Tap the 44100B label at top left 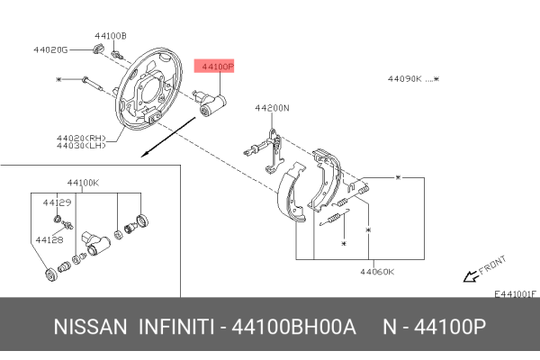coord(111,36)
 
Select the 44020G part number coord(50,49)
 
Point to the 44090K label coord(405,79)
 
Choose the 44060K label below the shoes coord(378,270)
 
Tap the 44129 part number coord(57,203)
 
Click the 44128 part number coord(49,240)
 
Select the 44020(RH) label coord(81,137)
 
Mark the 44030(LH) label coord(81,146)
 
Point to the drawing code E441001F coord(515,292)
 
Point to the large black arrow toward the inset coord(158,144)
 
